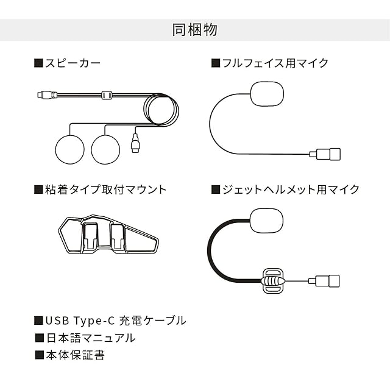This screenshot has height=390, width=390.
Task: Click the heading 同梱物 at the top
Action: (195, 30)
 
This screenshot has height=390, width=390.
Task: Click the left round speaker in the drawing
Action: (70, 148)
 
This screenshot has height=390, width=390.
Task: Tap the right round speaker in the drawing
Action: (107, 148)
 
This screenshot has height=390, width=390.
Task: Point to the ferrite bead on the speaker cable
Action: (107, 95)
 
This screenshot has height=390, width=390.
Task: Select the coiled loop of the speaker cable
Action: (161, 110)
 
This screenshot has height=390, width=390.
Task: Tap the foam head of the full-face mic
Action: (267, 94)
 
